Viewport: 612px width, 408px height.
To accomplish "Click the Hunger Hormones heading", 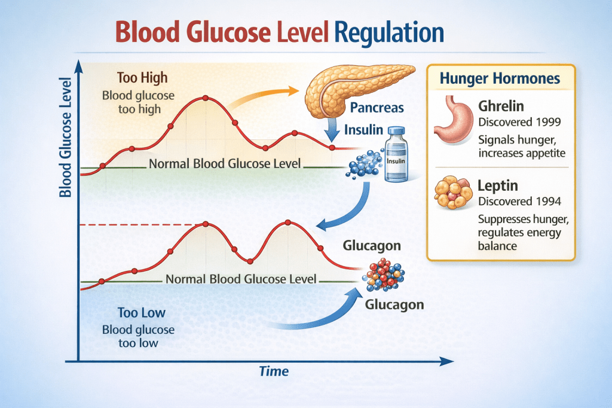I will pyautogui.click(x=499, y=78).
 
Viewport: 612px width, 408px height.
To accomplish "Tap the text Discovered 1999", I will pyautogui.click(x=519, y=122).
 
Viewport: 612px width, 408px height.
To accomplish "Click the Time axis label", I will pyautogui.click(x=274, y=371).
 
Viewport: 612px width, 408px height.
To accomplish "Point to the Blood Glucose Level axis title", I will pyautogui.click(x=66, y=138).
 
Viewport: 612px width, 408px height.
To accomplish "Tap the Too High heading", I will pyautogui.click(x=142, y=77).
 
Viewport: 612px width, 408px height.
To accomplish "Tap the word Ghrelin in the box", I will pyautogui.click(x=501, y=106).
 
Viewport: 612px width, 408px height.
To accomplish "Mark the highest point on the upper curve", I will pyautogui.click(x=206, y=98).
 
